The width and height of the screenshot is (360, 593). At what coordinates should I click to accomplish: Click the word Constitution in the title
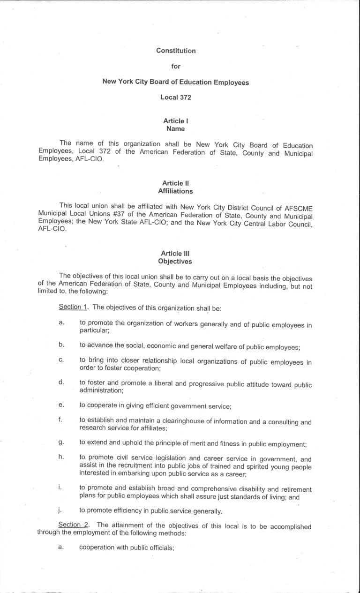pos(176,51)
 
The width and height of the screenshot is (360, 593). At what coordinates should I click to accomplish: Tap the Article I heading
pos(176,121)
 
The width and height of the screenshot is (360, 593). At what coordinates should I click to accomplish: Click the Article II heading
pos(175,183)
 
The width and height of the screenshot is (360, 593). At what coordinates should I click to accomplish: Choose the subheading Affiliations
pos(175,191)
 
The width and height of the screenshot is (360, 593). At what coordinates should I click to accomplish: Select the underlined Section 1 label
pos(70,308)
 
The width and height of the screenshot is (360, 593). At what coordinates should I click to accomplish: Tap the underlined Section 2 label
pos(71,525)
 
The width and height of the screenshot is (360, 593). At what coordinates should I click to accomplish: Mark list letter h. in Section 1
pos(61,457)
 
